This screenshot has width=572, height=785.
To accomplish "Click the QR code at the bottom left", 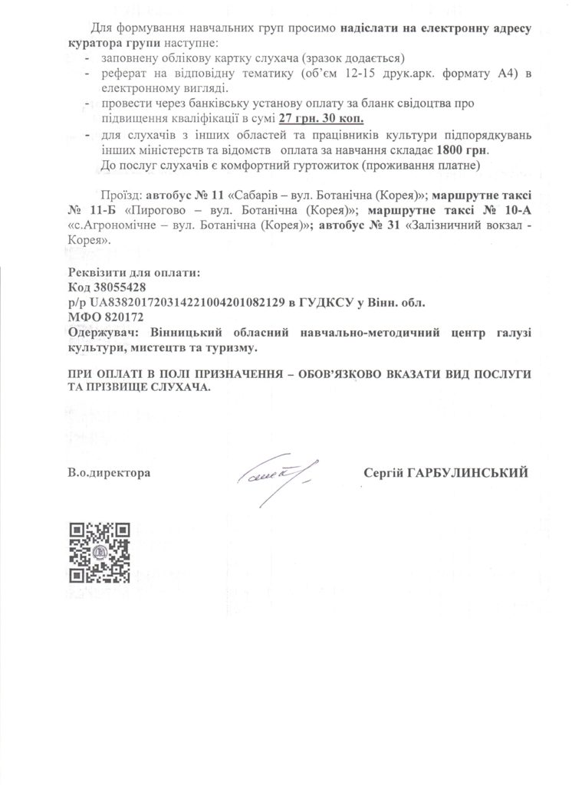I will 100,553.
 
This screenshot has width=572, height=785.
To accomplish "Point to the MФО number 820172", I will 122,317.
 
